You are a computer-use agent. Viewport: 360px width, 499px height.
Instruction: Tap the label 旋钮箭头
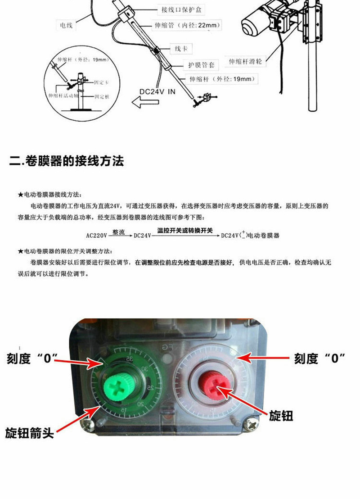[30, 433]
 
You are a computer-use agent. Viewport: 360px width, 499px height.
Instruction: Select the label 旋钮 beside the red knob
[281, 416]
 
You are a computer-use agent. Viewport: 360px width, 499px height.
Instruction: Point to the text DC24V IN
[157, 91]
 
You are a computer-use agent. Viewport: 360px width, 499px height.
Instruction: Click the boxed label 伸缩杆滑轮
[245, 62]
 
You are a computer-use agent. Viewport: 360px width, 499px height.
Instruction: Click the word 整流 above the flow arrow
[119, 231]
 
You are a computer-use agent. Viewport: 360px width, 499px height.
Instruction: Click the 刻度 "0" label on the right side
[319, 359]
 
